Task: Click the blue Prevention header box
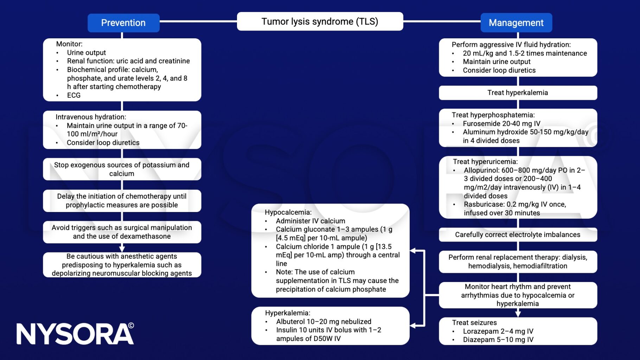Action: [123, 23]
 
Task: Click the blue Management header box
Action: [516, 23]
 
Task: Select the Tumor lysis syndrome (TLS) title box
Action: [320, 21]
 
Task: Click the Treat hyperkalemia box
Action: [518, 93]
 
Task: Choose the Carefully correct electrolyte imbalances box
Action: [518, 235]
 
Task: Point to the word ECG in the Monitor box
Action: [74, 95]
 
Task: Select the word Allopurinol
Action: [481, 170]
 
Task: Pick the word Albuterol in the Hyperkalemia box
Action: [290, 322]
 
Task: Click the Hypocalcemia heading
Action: [288, 212]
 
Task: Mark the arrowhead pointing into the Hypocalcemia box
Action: [413, 251]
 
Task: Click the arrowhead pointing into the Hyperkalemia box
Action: [413, 326]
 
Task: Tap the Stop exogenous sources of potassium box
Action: [122, 169]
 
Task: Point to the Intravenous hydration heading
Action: [91, 117]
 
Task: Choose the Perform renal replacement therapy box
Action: [518, 262]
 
